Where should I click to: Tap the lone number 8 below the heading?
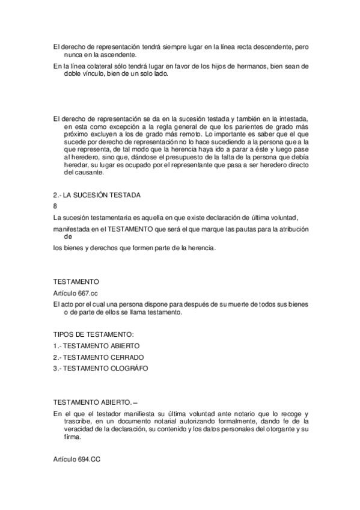click(x=55, y=206)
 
